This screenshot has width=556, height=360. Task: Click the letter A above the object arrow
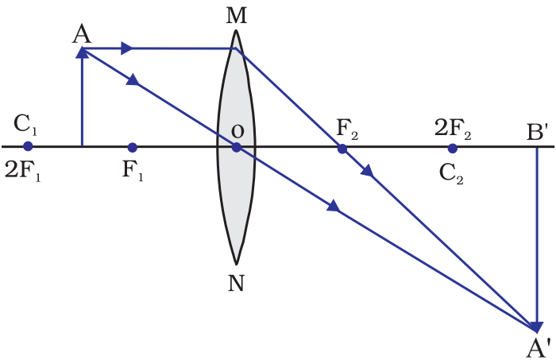(80, 33)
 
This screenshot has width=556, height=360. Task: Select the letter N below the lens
(236, 284)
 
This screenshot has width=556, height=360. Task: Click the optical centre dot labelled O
(236, 147)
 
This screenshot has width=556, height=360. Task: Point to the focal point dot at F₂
(342, 148)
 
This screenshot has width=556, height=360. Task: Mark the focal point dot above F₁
(132, 147)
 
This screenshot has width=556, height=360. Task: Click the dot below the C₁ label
(28, 146)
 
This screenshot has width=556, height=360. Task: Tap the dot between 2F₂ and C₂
(452, 148)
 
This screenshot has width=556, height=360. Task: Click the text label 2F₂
(453, 128)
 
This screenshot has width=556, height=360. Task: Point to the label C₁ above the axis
(26, 125)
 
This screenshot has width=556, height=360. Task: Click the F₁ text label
(133, 170)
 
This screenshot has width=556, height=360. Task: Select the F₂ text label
(347, 128)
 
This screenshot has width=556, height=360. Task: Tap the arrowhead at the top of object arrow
(82, 52)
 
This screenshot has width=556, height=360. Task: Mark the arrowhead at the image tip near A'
(537, 326)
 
